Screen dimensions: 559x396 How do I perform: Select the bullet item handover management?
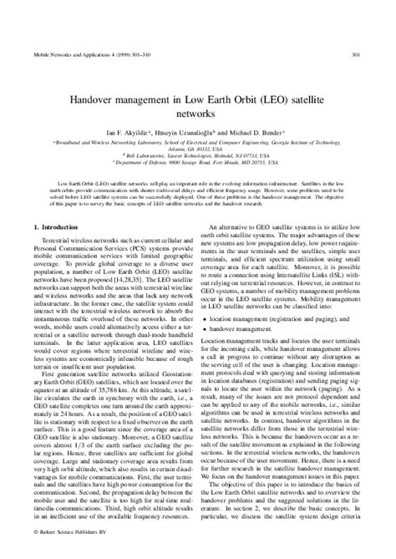[250, 332]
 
